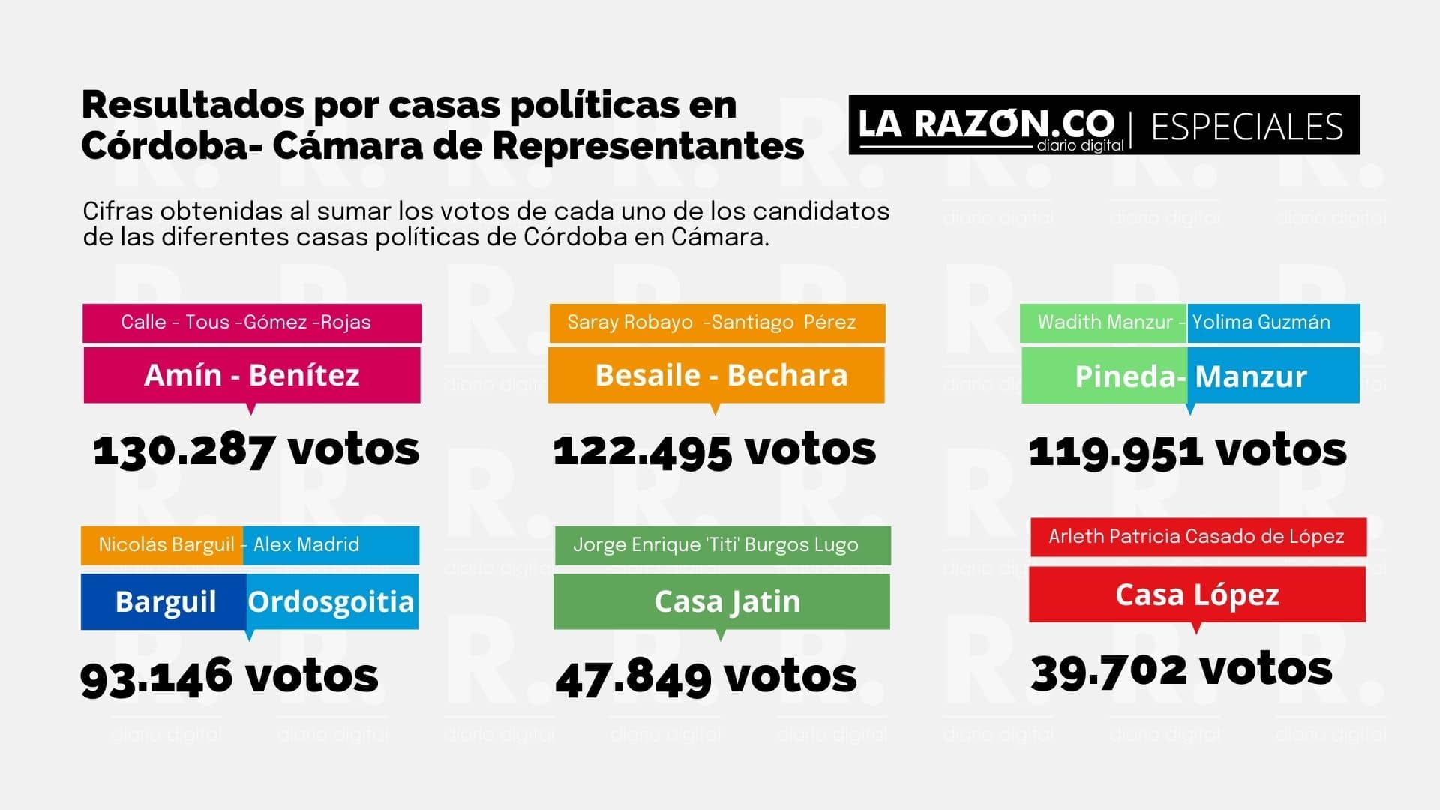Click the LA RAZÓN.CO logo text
coord(985,124)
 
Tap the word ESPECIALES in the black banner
coord(1246,127)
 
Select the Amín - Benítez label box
coord(252,375)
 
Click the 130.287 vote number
coord(184,450)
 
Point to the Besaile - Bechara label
coord(720,375)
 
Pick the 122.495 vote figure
coord(642,450)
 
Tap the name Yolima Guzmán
coord(1261,322)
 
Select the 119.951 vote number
coord(1115,451)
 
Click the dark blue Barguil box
coord(164,601)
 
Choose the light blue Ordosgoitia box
coord(331,601)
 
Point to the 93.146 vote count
coord(156,676)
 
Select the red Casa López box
coord(1197,595)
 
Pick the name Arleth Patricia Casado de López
coord(1196,537)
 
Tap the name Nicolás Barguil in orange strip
coord(166,545)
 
